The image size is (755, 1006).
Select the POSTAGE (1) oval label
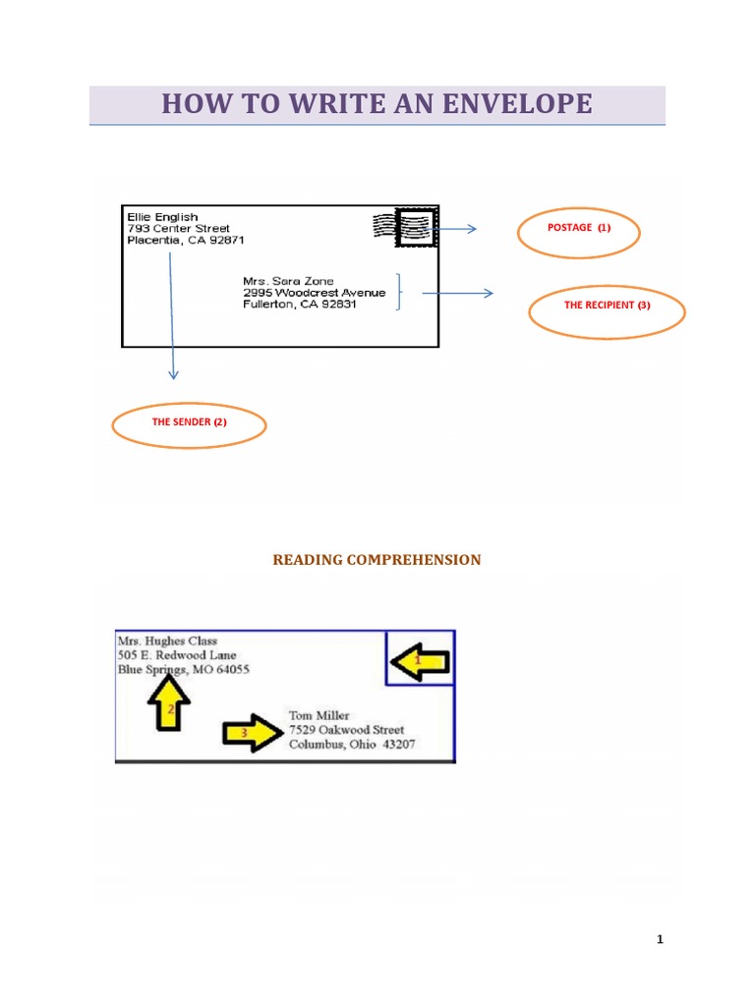click(578, 233)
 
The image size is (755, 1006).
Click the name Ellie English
click(162, 216)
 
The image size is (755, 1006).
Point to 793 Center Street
click(179, 228)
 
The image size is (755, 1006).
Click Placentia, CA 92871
click(186, 240)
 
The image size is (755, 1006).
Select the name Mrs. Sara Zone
click(288, 281)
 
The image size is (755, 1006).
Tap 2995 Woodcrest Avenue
click(315, 293)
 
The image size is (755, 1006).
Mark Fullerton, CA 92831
click(300, 305)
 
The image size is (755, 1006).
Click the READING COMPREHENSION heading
click(377, 560)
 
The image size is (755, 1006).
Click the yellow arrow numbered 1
click(419, 662)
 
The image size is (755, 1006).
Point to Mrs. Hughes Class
click(167, 642)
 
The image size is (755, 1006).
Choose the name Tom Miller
click(319, 715)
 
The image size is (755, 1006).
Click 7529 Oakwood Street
click(346, 730)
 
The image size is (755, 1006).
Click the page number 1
click(661, 940)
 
